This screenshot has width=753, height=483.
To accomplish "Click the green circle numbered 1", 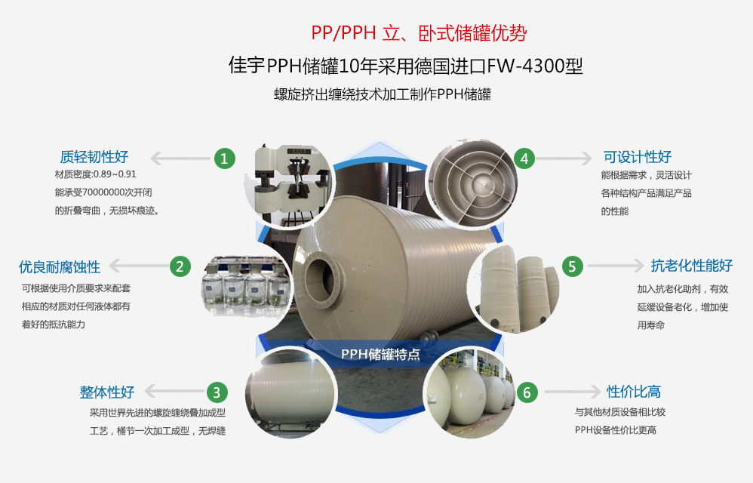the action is (x=224, y=158).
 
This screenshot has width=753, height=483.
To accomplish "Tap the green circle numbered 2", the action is (x=180, y=266).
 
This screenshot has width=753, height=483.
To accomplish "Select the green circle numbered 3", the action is (x=217, y=392).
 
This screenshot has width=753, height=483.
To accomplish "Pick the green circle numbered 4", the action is (x=524, y=158).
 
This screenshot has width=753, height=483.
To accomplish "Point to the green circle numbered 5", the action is (x=572, y=266).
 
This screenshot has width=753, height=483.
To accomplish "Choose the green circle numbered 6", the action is (x=527, y=392).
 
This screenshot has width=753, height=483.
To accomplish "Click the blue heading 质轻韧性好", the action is (x=94, y=156).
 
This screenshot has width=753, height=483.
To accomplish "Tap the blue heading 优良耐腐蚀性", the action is (x=60, y=267).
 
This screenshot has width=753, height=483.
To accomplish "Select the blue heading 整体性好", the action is (x=106, y=392).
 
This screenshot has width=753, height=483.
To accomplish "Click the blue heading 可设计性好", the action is (x=638, y=156).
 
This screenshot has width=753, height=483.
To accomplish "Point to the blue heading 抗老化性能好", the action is (x=692, y=265).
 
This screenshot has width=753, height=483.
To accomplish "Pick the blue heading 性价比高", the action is (x=634, y=391).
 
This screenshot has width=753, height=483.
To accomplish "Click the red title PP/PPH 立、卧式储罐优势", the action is (x=419, y=32).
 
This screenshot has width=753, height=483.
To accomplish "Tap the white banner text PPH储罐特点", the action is (x=380, y=355).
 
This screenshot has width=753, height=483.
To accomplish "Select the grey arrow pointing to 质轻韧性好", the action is (x=181, y=158).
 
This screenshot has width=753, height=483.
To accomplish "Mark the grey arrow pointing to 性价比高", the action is (x=572, y=392).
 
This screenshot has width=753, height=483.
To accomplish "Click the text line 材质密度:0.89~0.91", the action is (x=96, y=174).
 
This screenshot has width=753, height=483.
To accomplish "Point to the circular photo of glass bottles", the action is (x=246, y=287).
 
